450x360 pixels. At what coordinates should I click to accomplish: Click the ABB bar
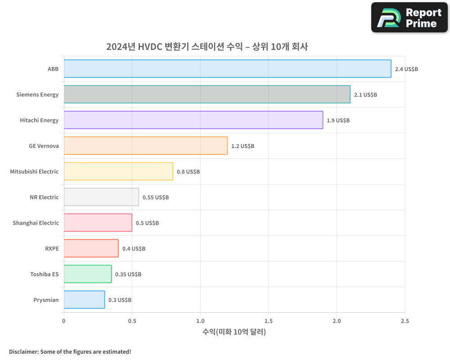coord(227,69)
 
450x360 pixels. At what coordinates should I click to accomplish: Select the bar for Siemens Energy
coord(207,94)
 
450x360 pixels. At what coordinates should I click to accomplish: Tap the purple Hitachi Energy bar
coord(193,120)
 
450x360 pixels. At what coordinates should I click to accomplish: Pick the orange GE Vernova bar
coord(145,146)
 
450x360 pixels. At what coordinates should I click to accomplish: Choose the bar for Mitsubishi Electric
coord(118,171)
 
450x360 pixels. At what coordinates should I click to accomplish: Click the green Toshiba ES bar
coord(88,274)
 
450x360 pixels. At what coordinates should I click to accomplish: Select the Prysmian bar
coord(84,300)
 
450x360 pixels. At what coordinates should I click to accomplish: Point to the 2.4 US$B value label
coord(406,69)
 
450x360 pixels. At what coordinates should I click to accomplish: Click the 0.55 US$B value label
coord(156,198)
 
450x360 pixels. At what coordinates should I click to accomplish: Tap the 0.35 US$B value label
coord(128,274)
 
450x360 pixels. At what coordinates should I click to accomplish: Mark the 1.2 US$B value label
coord(243,146)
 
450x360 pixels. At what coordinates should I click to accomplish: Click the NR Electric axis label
coord(44,198)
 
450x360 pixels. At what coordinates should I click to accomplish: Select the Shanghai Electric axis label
coord(36,223)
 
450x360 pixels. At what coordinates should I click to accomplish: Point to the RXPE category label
coord(52,249)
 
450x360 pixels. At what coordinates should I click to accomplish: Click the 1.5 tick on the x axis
coord(269,321)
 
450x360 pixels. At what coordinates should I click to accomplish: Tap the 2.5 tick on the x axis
coord(405,321)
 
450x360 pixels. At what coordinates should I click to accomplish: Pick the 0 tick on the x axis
coord(64,321)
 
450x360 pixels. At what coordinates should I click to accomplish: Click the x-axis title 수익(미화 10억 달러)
coord(234,333)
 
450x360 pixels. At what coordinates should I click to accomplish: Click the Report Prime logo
coord(409,18)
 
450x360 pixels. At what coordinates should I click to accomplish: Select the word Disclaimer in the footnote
coord(23,352)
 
